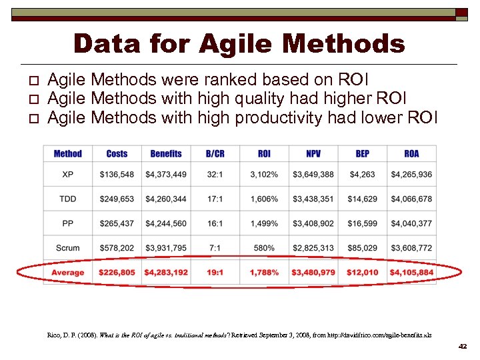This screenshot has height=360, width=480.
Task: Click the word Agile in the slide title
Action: [x=228, y=45]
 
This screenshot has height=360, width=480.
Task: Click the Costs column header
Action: [x=117, y=154]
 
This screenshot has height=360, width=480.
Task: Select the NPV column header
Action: [x=313, y=154]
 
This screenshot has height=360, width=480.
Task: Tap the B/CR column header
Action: [x=215, y=154]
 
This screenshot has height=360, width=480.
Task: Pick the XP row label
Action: [x=67, y=175]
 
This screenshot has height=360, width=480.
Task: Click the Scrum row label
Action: [x=67, y=248]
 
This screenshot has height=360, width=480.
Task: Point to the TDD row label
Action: [x=67, y=199]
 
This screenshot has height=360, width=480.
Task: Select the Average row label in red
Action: [x=67, y=273]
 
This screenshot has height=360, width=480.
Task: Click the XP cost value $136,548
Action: [x=117, y=175]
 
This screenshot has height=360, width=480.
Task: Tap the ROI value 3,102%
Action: [x=264, y=175]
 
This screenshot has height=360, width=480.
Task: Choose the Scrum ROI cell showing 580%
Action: [x=264, y=248]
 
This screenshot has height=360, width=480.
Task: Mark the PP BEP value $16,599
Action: [x=363, y=224]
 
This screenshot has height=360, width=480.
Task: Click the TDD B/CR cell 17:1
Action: [x=215, y=199]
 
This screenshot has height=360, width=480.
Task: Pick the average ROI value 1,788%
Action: [x=264, y=273]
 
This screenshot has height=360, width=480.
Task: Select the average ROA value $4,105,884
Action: [x=411, y=273]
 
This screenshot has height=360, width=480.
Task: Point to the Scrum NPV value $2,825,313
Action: [x=313, y=248]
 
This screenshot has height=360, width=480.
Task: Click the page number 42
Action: [x=463, y=347]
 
